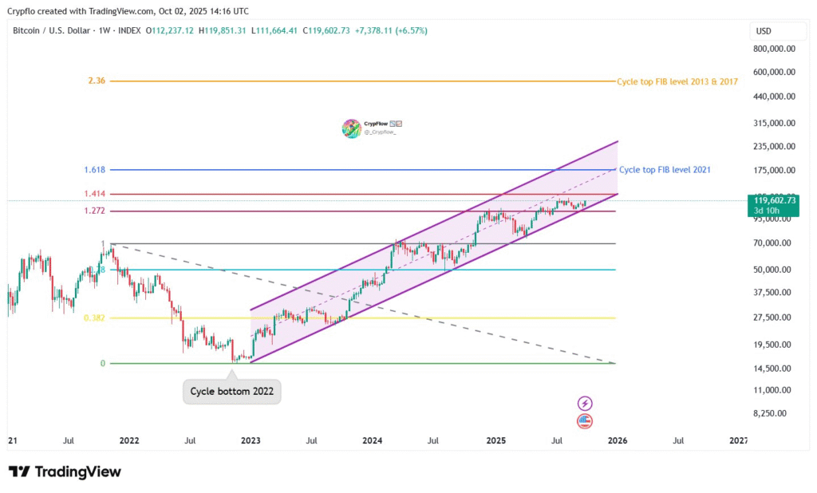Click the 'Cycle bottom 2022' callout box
point(231,392)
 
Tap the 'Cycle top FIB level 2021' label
point(665,170)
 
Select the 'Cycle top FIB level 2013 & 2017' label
point(677,81)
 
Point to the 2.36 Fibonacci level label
point(97,81)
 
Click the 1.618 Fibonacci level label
point(94,170)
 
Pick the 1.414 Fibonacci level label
point(94,194)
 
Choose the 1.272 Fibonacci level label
point(94,211)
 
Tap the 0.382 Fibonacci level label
point(94,317)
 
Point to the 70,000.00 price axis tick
point(776,243)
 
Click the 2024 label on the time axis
point(372,440)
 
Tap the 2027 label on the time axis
point(740,440)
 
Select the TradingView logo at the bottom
point(65,471)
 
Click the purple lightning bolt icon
point(585,404)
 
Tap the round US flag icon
point(585,420)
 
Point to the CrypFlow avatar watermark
point(352,128)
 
